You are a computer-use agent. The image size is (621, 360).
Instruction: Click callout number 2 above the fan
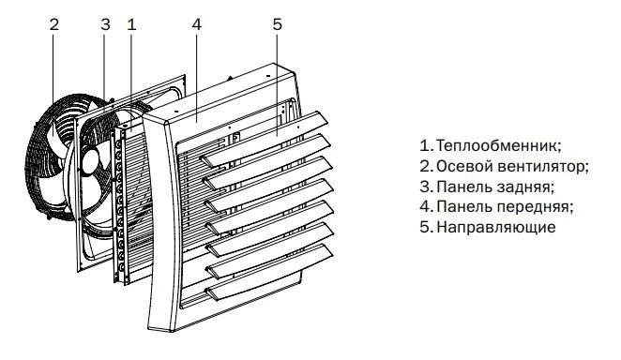pyautogui.click(x=53, y=24)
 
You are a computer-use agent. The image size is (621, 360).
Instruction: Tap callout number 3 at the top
pyautogui.click(x=105, y=24)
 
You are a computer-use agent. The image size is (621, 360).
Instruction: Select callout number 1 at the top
pyautogui.click(x=132, y=24)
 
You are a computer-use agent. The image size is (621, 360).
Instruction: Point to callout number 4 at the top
pyautogui.click(x=197, y=24)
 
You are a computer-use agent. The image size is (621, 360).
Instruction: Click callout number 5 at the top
pyautogui.click(x=278, y=24)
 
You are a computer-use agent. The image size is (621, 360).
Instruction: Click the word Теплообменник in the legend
pyautogui.click(x=499, y=145)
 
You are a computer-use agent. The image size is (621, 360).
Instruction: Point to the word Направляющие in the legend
pyautogui.click(x=496, y=228)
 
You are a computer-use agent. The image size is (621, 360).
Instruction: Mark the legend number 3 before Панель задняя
pyautogui.click(x=425, y=187)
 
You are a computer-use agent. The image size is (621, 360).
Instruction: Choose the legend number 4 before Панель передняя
pyautogui.click(x=425, y=207)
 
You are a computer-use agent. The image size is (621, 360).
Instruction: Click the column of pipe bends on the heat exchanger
pyautogui.click(x=119, y=205)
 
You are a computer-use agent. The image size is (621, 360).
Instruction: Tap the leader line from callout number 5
pyautogui.click(x=278, y=84)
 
